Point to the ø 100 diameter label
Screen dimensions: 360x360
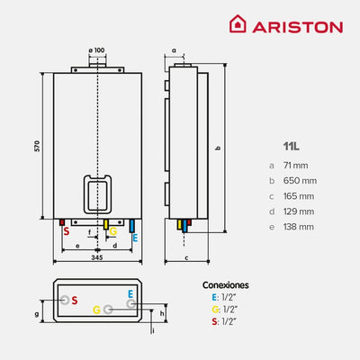coord(96,49)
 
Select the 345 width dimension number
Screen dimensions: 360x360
coord(96,258)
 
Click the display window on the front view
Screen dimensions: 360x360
coord(96,192)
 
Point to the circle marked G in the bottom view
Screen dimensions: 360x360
coord(108,309)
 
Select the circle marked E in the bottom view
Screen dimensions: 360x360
coord(131,303)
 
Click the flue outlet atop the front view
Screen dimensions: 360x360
coord(96,66)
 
